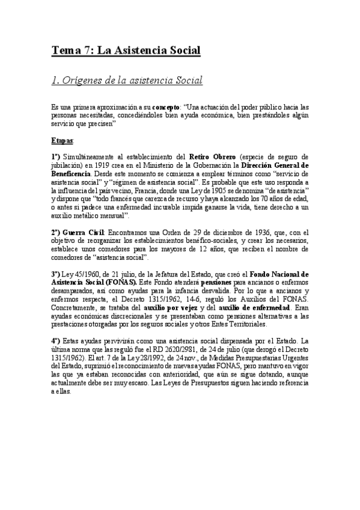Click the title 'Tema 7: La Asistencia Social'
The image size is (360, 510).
click(x=125, y=51)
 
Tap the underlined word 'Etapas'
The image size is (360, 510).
click(x=62, y=140)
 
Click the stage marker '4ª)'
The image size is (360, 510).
click(x=56, y=340)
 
